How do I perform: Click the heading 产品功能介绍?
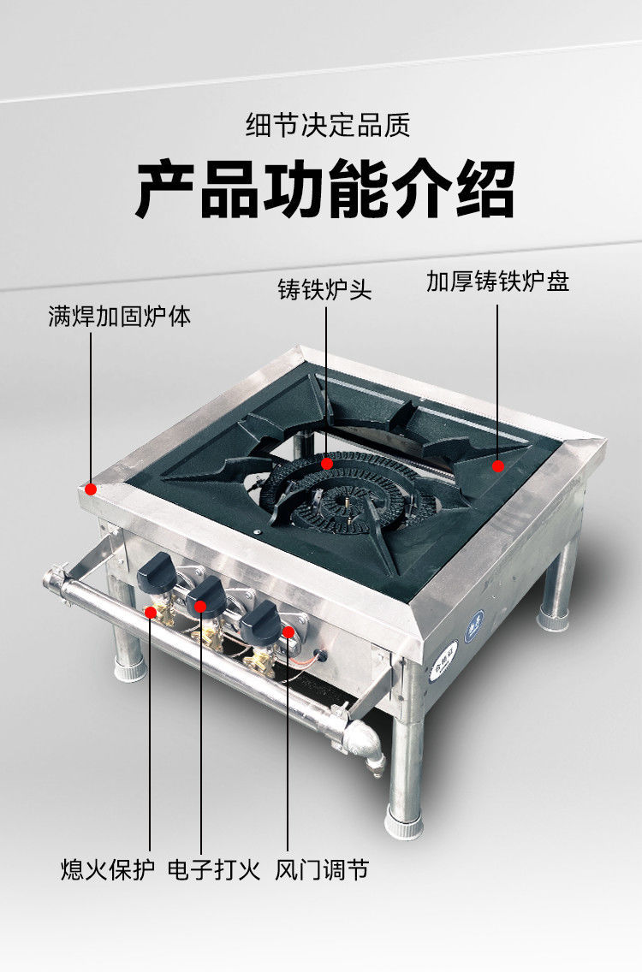pos(325,189)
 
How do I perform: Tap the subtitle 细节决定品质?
pos(328,125)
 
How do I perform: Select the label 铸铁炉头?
pos(324,289)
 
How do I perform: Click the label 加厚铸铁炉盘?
pos(497,282)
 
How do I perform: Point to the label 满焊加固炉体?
pos(120,317)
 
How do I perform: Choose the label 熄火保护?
pos(108,870)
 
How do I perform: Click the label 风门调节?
pos(322,870)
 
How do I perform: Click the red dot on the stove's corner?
pos(91,489)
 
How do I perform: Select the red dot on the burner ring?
pos(326,463)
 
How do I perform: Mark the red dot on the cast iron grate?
pos(497,465)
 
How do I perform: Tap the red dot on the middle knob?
pos(202,606)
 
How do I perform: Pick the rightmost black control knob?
pos(261,623)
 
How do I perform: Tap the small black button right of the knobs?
pos(322,657)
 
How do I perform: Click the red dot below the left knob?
pos(151,612)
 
